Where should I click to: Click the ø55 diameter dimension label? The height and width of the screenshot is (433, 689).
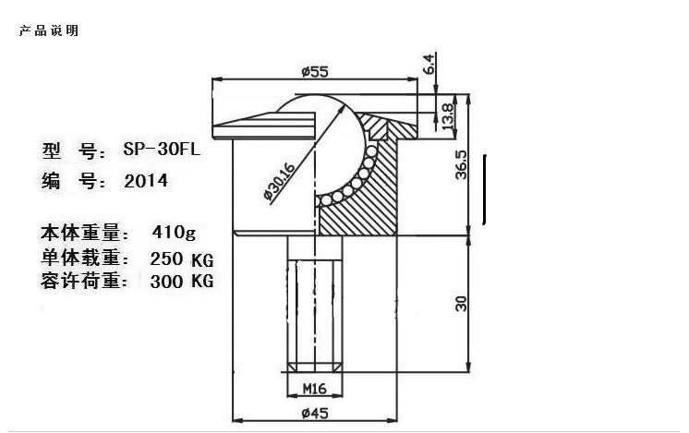[316, 70]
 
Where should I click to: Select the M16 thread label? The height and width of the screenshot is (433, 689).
[316, 389]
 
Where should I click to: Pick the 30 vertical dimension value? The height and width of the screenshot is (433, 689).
[461, 303]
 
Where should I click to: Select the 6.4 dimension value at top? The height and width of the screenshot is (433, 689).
[429, 64]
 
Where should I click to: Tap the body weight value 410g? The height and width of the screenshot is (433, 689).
[172, 231]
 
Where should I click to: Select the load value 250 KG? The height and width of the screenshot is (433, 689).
[181, 257]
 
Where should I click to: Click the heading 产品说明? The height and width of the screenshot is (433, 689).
[48, 30]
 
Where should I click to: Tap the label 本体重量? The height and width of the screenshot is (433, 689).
[82, 231]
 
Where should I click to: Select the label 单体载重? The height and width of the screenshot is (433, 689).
[82, 257]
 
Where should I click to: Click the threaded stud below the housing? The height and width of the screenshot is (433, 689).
[316, 305]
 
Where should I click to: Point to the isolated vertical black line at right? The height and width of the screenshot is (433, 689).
[485, 189]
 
